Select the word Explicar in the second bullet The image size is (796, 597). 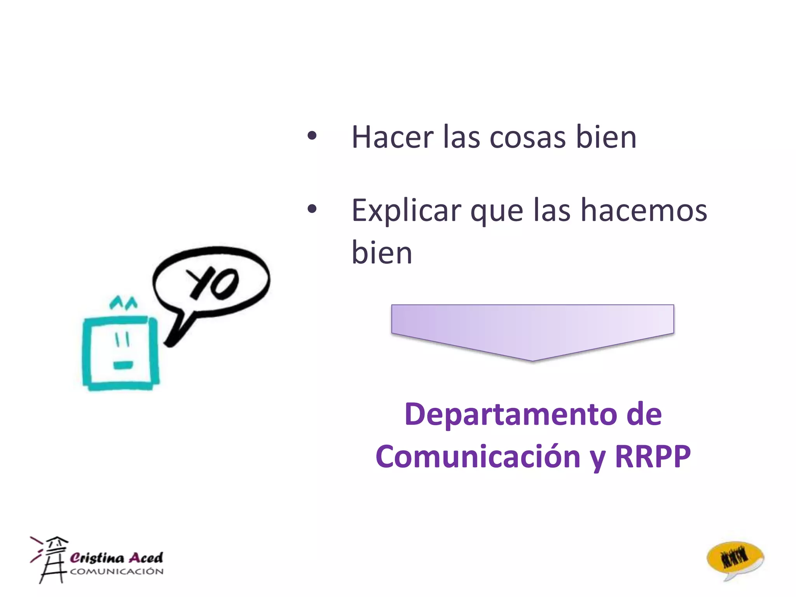pos(406,211)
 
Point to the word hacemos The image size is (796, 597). pos(644,210)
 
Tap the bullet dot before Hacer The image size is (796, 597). pos(312,136)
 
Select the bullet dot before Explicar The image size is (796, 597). pos(312,209)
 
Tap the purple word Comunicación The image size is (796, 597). pos(478,457)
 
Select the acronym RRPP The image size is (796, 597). pos(653,456)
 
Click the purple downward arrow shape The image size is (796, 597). pos(532,330)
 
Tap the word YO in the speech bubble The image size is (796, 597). pos(213,283)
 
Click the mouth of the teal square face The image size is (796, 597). pos(123,365)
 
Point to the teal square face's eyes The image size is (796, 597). pos(122,340)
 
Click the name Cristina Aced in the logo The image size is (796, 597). pos(116,558)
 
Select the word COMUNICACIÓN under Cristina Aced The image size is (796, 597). pos(117,571)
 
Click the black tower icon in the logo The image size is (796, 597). pos(52,560)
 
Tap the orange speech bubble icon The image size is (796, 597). pos(735,560)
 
